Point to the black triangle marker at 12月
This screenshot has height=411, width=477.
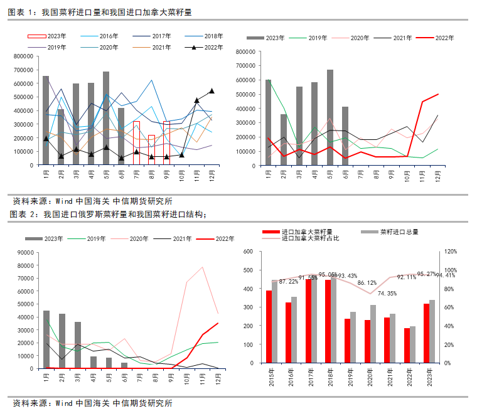pyautogui.click(x=212, y=91)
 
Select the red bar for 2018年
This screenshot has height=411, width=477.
pyautogui.click(x=328, y=321)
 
